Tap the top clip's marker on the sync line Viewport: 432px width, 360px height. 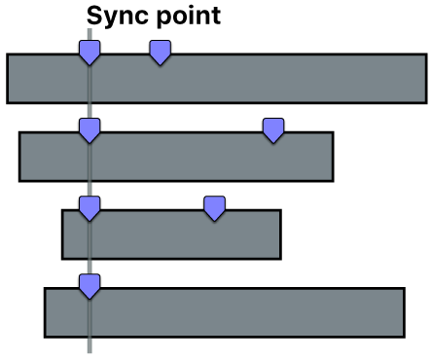tap(90, 53)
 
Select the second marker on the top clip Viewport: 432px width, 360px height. tap(161, 53)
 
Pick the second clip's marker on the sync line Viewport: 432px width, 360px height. tap(90, 129)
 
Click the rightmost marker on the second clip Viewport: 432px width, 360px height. tap(274, 129)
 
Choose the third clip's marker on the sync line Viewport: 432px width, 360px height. tap(90, 207)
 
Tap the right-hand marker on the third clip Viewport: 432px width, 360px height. tap(214, 207)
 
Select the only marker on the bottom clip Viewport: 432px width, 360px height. tap(90, 285)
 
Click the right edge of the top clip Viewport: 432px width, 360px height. tap(426, 79)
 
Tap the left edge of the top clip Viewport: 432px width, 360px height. tap(8, 79)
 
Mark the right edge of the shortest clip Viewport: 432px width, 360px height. tap(280, 234)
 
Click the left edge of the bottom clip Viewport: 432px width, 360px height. tap(45, 312)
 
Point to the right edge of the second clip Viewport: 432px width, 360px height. tap(333, 157)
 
